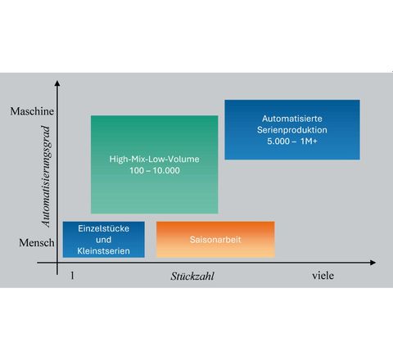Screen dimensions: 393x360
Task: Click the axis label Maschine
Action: [x=32, y=111]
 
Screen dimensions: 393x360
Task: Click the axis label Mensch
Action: [x=37, y=242]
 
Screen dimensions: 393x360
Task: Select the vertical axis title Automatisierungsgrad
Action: [x=46, y=176]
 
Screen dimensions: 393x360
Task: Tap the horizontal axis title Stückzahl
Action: [x=192, y=277]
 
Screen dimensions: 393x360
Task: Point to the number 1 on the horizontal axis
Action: [x=72, y=276]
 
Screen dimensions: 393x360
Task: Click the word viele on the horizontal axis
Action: [x=323, y=276]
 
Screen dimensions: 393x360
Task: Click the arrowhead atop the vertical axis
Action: [x=57, y=83]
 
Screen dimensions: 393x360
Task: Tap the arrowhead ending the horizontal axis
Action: [x=373, y=263]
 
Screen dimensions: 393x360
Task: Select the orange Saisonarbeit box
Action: [x=215, y=240]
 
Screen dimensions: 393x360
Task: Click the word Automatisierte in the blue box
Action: [x=292, y=119]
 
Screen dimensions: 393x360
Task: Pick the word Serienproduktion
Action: [x=292, y=130]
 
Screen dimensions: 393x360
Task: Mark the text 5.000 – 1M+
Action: [x=292, y=142]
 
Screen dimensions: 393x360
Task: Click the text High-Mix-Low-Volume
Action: [x=155, y=160]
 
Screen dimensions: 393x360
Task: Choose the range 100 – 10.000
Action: [x=155, y=171]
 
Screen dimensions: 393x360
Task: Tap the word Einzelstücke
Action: [x=104, y=228]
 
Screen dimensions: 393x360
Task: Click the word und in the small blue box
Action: [x=103, y=240]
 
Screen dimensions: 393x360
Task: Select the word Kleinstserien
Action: [x=103, y=251]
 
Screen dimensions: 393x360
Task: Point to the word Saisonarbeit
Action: [x=215, y=240]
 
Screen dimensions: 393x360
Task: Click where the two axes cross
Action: [x=57, y=263]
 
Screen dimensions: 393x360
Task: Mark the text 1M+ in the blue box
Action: [x=309, y=142]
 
